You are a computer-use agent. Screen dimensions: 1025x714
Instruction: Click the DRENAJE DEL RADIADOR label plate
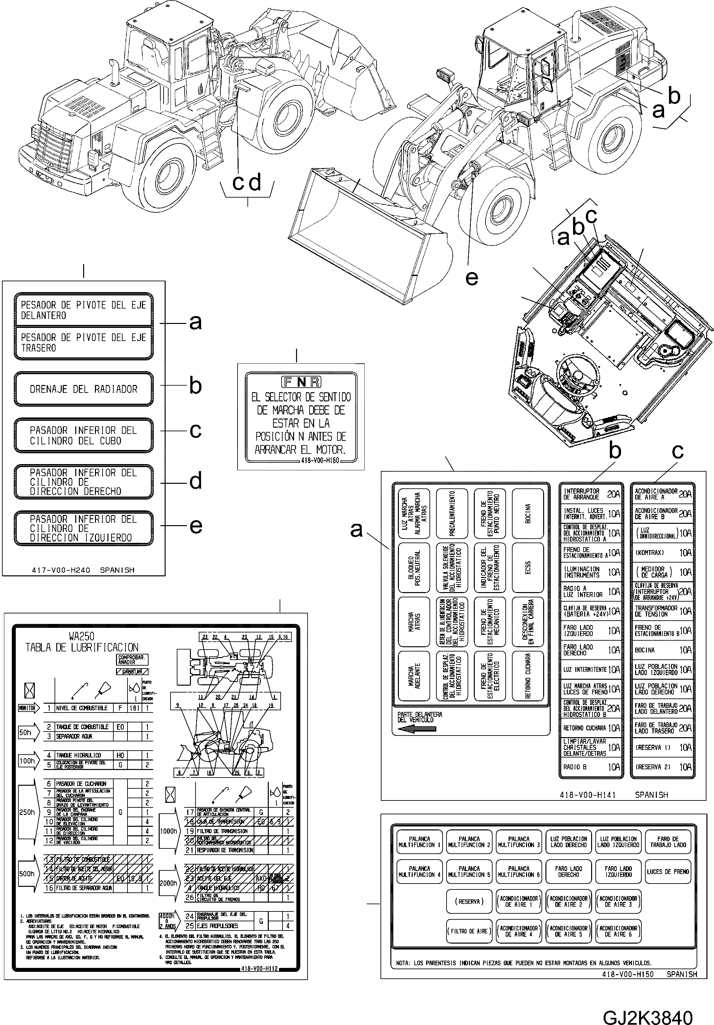click(x=83, y=389)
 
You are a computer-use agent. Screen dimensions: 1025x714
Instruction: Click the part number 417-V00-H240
click(x=61, y=570)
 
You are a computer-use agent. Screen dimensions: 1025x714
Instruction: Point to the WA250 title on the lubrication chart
click(x=82, y=636)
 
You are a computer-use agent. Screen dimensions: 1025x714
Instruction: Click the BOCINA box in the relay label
click(x=528, y=513)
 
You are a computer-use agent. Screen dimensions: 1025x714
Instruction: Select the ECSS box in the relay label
click(x=528, y=567)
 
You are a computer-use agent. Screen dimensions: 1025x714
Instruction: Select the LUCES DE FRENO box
click(x=668, y=872)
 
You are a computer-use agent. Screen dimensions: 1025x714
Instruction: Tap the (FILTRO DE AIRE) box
click(x=469, y=931)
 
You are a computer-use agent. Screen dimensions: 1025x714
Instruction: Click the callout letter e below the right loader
click(x=472, y=278)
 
